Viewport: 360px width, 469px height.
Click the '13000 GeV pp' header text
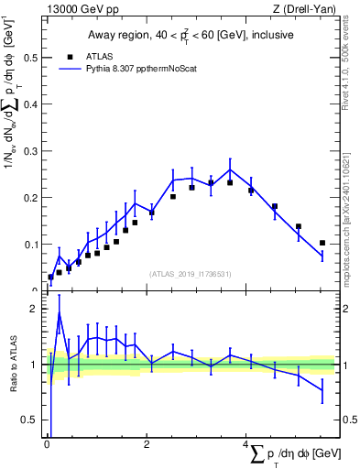[78, 9]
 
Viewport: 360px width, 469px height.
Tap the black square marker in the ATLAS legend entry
[70, 55]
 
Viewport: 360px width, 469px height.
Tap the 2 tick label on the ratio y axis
[34, 309]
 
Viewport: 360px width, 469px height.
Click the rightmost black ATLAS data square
[322, 243]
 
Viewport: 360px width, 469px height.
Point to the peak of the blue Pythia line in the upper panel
[230, 169]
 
